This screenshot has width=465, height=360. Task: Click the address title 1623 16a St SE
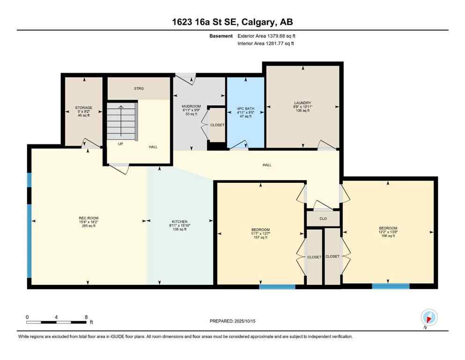tap(232, 22)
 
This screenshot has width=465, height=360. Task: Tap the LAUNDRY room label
tap(303, 106)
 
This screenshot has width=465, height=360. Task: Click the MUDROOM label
tap(191, 110)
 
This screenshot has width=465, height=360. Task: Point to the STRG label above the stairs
tap(139, 88)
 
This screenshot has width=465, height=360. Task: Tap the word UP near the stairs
tap(120, 144)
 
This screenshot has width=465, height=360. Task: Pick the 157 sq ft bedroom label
tap(260, 233)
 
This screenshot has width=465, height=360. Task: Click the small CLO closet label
tap(323, 219)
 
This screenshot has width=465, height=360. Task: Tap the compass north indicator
tap(429, 317)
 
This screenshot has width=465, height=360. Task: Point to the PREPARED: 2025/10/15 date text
tap(232, 321)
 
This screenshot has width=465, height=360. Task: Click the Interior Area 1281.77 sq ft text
tap(266, 44)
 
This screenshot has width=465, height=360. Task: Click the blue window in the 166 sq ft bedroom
tap(391, 285)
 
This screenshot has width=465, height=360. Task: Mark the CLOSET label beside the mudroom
tap(217, 125)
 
